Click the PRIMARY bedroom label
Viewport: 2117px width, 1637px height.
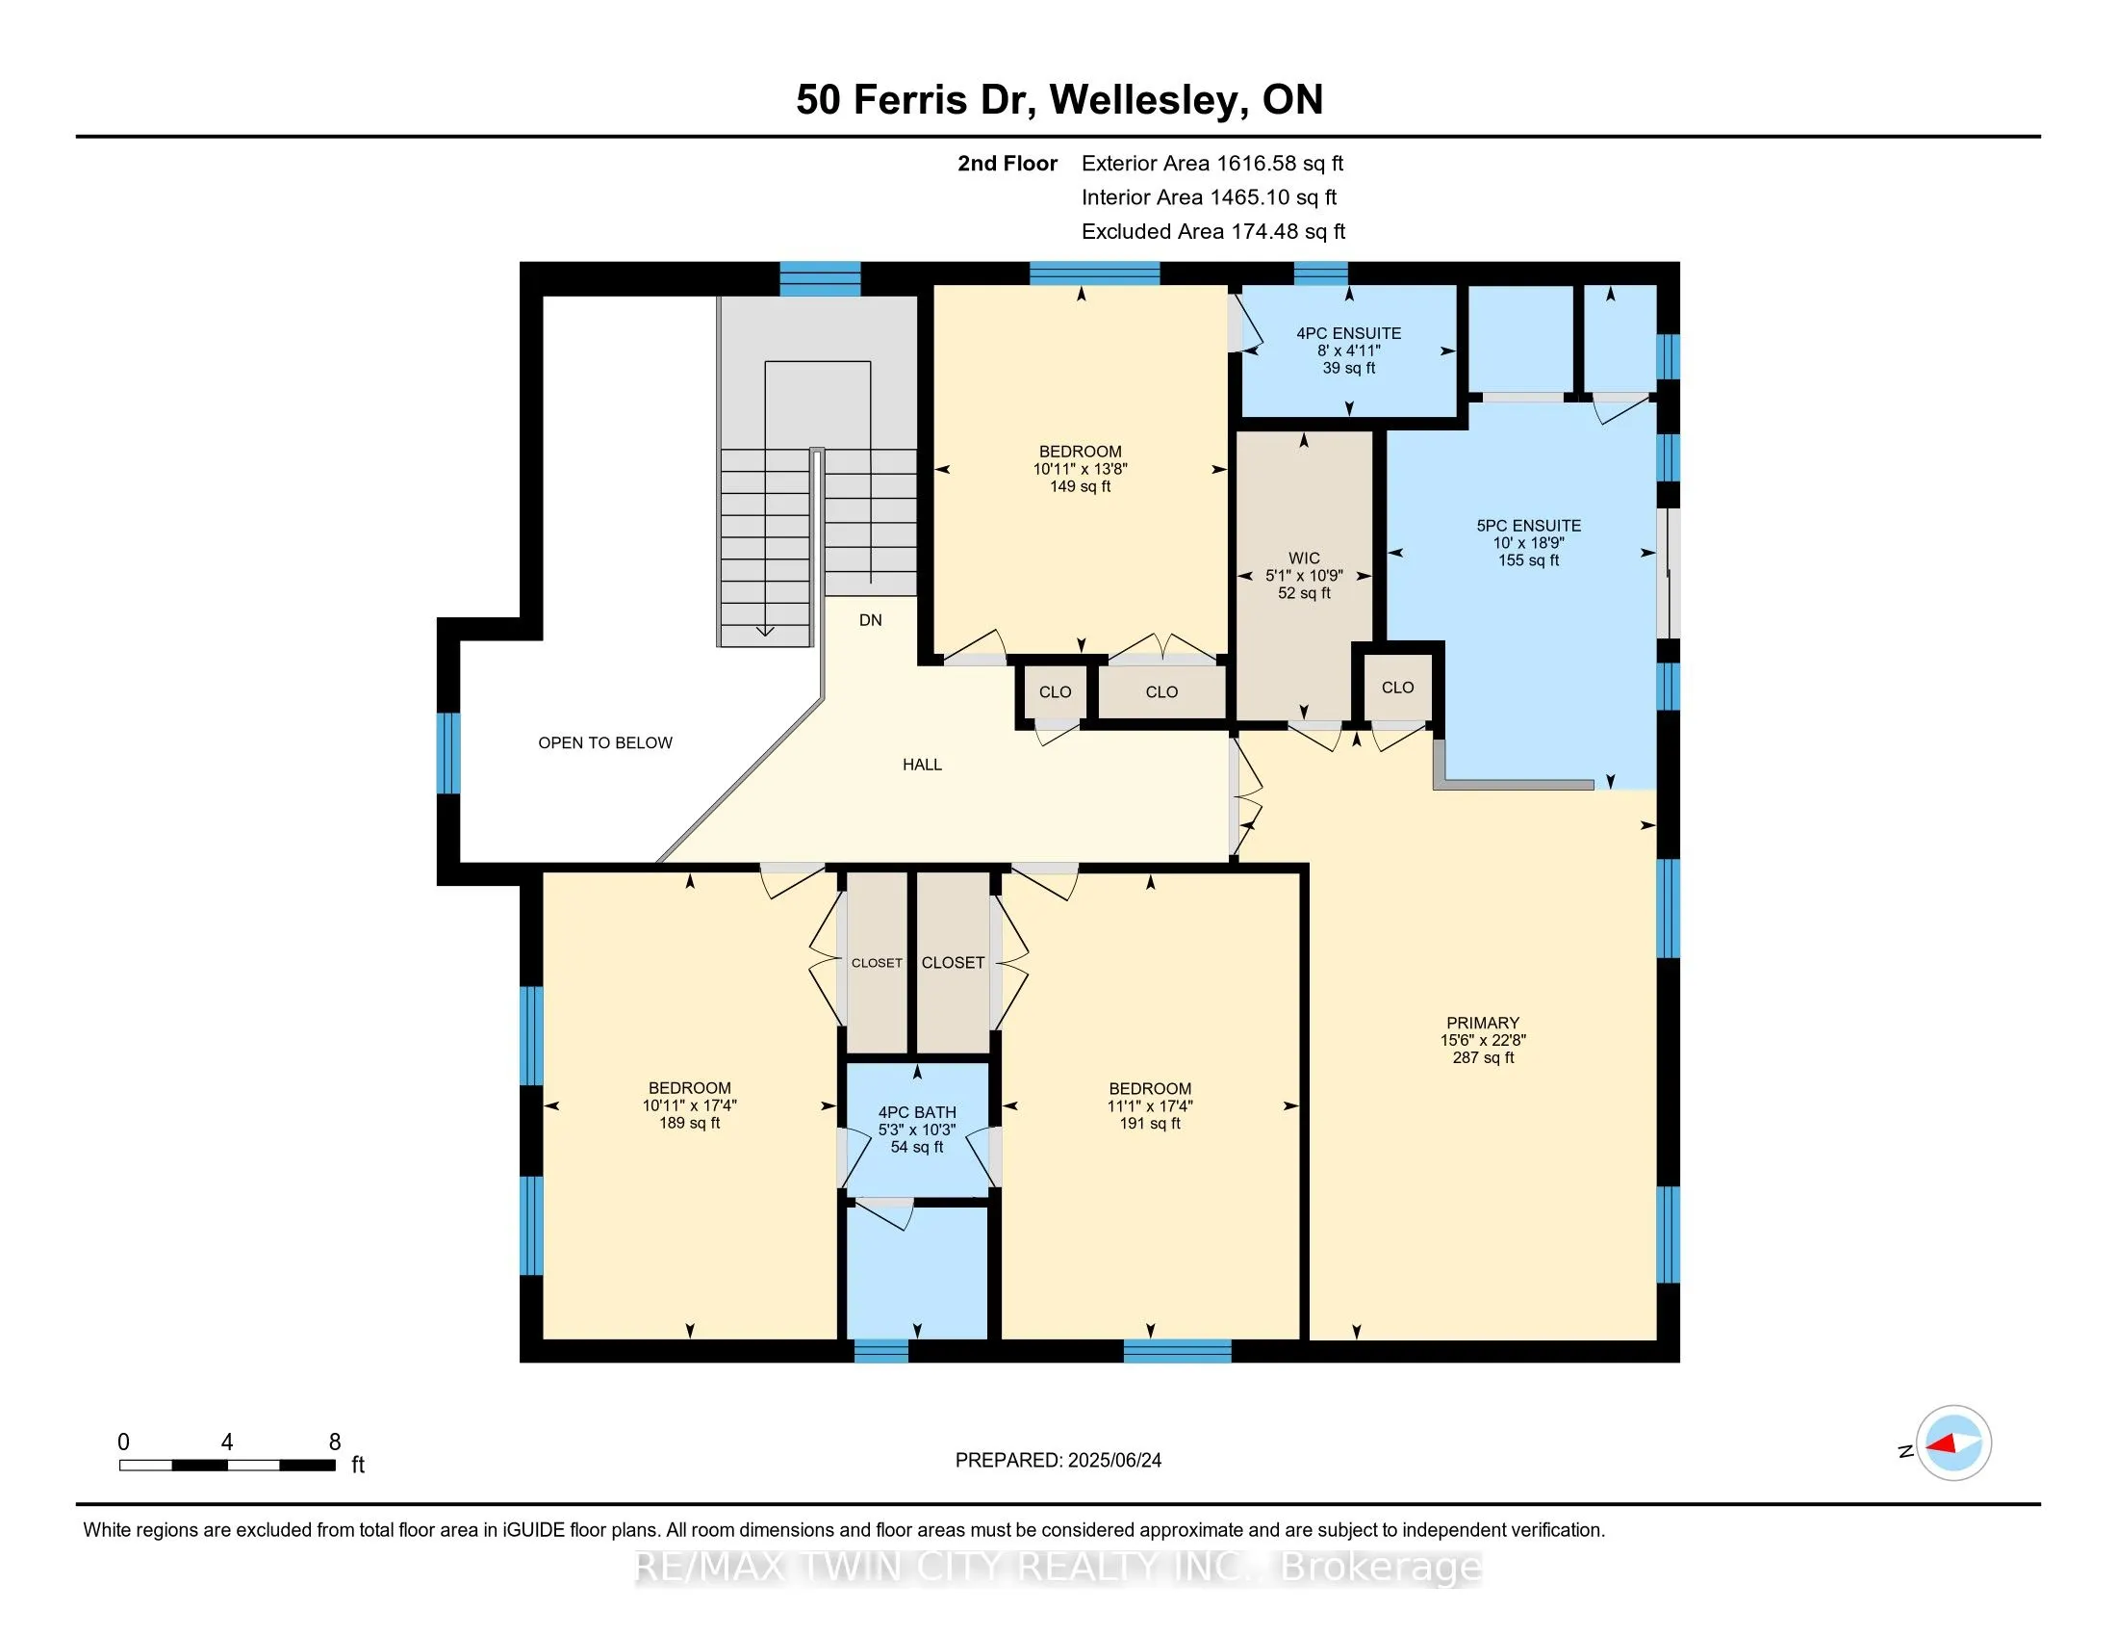pos(1482,1022)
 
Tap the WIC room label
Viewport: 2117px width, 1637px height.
pos(1304,558)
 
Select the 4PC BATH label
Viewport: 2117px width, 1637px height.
pos(917,1112)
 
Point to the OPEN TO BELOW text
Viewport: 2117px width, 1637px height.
pos(605,742)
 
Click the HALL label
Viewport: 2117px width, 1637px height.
pos(922,765)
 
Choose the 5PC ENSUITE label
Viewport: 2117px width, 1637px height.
pos(1529,526)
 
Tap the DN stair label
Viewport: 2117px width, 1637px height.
pos(871,620)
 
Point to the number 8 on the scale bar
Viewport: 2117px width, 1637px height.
pos(335,1442)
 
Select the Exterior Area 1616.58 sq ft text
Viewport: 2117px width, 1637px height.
pos(1212,163)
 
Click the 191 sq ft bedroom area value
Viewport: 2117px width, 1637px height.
pos(1150,1123)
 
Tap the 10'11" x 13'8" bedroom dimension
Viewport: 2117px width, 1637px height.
pos(1080,468)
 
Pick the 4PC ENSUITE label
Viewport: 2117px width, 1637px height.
pos(1348,332)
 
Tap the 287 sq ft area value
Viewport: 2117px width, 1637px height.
pos(1482,1057)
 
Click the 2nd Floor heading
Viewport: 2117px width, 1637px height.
pos(1007,163)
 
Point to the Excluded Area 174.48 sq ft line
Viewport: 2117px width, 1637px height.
pos(1213,231)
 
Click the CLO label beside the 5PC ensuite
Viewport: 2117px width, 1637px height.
pos(1397,688)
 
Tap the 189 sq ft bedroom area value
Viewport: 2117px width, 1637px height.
pos(689,1123)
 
